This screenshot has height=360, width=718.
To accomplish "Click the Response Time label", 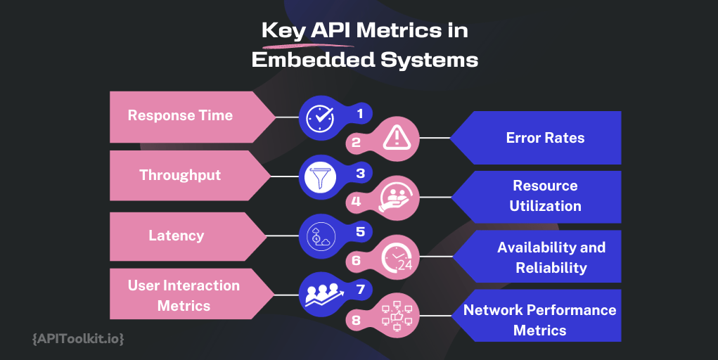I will pyautogui.click(x=180, y=116).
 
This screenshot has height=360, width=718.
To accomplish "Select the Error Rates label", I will pyautogui.click(x=545, y=138).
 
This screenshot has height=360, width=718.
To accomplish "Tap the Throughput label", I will pyautogui.click(x=180, y=175).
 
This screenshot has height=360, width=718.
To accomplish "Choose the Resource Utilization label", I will pyautogui.click(x=545, y=196).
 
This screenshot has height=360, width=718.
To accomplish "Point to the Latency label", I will pyautogui.click(x=176, y=235).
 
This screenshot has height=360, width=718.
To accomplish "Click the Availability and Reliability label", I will pyautogui.click(x=551, y=257).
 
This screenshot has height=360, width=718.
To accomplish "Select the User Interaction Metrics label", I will pyautogui.click(x=184, y=295).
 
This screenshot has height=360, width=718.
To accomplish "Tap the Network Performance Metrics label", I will pyautogui.click(x=539, y=320).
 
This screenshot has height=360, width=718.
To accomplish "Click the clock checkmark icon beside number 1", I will pyautogui.click(x=321, y=117).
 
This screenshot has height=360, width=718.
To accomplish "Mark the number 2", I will pyautogui.click(x=356, y=142).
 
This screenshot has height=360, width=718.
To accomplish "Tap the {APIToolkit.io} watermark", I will pyautogui.click(x=79, y=339).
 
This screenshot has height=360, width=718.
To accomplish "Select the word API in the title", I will pyautogui.click(x=333, y=31).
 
